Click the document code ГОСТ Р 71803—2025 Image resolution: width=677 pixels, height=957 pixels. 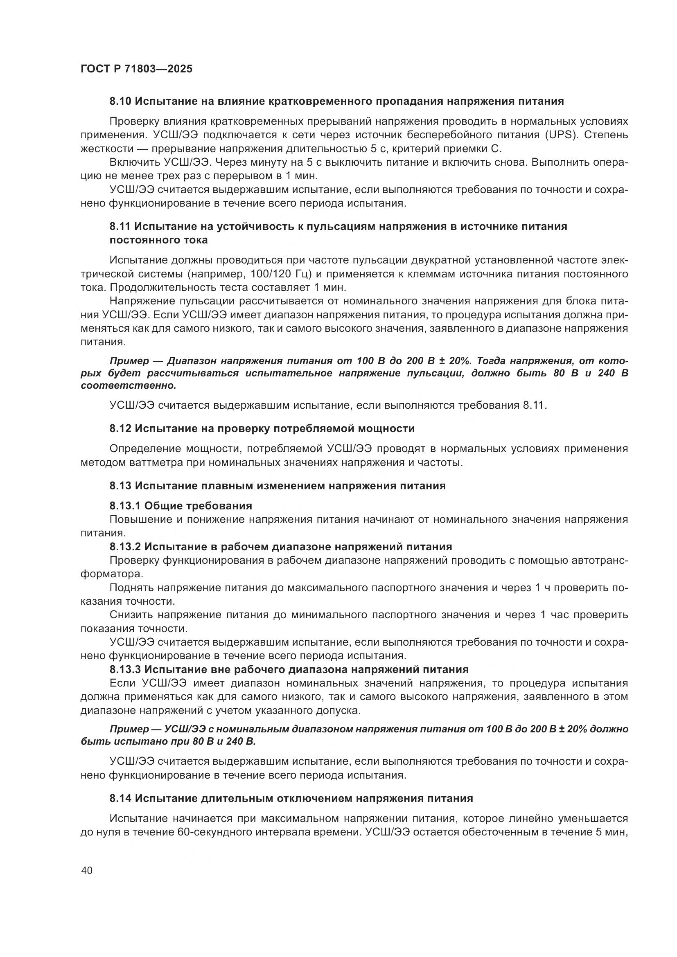point(136,69)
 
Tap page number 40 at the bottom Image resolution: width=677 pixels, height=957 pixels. point(87,871)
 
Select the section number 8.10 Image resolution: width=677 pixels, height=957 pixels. point(120,101)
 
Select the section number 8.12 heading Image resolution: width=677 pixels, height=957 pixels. point(120,428)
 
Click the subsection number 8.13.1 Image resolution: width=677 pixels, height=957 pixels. point(126,506)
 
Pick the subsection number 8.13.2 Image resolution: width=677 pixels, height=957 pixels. point(126,547)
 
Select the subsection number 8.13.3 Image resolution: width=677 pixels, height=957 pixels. point(126,669)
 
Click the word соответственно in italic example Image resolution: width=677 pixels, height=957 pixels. point(129,385)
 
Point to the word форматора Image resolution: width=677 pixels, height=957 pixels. point(111,574)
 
